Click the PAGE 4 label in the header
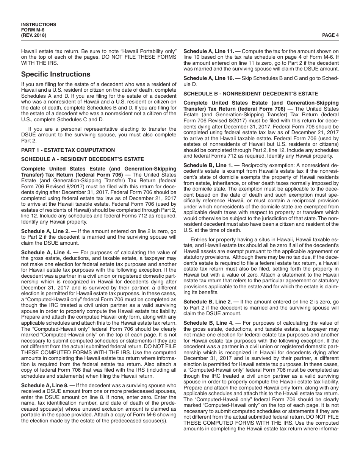330,35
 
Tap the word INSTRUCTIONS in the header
39,25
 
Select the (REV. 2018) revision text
34,35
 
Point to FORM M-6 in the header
33,30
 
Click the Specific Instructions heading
56,74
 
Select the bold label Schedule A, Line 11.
207,51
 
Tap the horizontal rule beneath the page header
180,41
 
